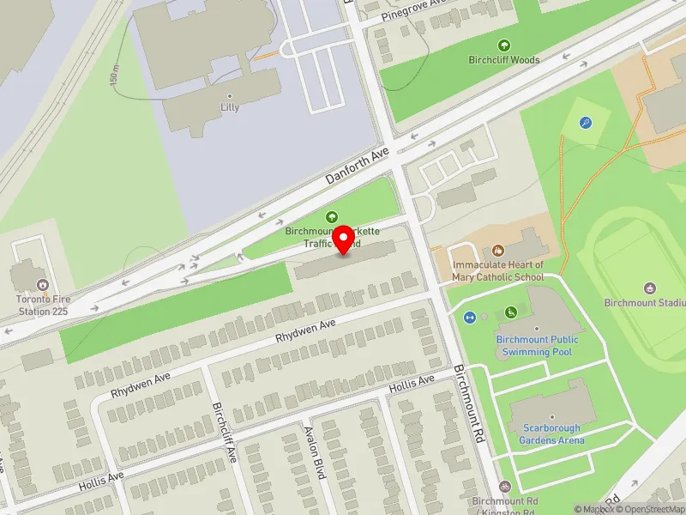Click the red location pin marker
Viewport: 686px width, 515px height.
(x=344, y=238)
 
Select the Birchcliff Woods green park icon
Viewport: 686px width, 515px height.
(x=503, y=45)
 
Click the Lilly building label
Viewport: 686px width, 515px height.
(x=230, y=107)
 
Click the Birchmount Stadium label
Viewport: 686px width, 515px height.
(x=644, y=302)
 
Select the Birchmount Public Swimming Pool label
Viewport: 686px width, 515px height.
(x=537, y=345)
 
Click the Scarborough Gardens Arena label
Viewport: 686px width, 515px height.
(x=551, y=434)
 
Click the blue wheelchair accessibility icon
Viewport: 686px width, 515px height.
(x=511, y=312)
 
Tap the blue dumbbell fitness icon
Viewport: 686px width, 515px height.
(x=470, y=318)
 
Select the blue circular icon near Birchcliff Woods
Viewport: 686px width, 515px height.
(x=586, y=124)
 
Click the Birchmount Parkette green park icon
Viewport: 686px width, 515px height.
(x=332, y=217)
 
